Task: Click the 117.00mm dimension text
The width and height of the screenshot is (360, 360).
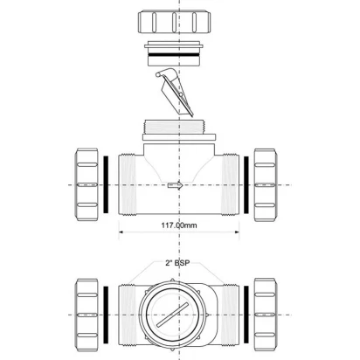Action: click(179, 225)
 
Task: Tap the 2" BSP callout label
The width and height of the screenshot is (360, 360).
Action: click(177, 263)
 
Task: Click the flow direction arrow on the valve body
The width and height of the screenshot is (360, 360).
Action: click(176, 185)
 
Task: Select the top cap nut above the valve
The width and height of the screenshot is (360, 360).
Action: click(175, 22)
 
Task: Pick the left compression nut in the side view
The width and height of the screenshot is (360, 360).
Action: click(87, 184)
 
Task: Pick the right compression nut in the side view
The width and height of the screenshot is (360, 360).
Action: click(265, 184)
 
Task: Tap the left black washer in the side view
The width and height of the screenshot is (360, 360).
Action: click(106, 184)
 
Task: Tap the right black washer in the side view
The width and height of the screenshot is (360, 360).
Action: click(246, 184)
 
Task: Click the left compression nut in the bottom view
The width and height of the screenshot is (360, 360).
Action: click(87, 315)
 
